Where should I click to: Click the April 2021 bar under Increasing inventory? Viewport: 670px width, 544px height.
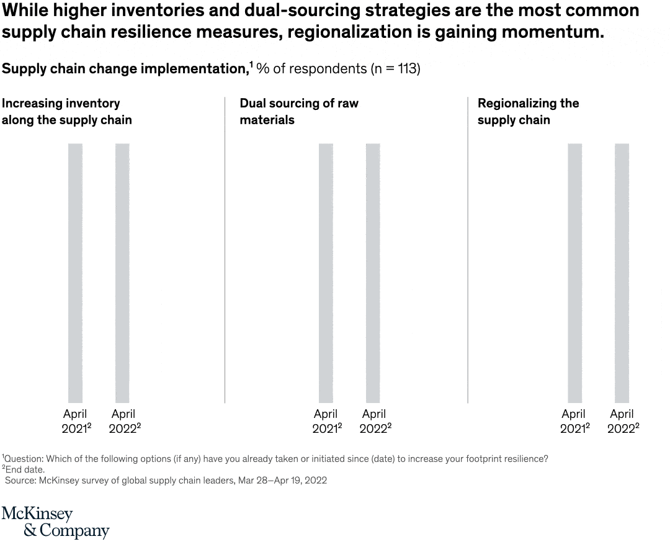pos(75,273)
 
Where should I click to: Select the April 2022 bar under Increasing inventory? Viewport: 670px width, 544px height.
pos(122,273)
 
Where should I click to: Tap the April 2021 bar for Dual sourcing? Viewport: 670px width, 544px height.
pos(326,273)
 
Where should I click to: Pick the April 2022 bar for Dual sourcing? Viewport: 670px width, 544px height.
pos(373,273)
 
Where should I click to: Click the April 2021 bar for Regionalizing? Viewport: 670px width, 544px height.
pos(574,273)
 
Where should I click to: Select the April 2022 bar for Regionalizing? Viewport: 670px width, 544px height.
pos(622,273)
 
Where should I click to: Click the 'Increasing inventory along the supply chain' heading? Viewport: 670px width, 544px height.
pos(66,112)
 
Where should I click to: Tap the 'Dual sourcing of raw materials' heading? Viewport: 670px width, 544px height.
pos(299,112)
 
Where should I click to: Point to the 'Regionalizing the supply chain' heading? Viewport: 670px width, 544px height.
pos(528,112)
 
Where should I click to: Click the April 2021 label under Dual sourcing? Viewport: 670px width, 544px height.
pos(326,421)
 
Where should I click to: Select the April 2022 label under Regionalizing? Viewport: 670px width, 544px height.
pos(622,421)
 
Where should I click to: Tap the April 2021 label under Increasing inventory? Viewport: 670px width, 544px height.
pos(76,421)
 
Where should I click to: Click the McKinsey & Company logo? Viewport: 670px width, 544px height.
pos(55,522)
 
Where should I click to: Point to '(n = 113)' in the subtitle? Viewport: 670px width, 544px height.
pos(395,69)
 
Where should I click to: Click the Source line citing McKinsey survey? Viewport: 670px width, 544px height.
pos(166,481)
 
